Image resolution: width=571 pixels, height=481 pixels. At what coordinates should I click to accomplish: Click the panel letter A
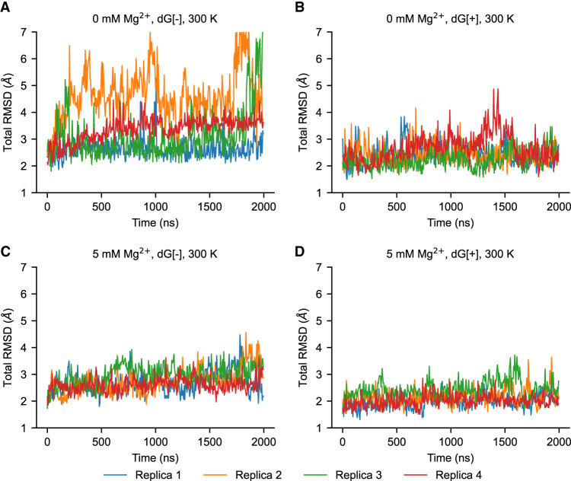pyautogui.click(x=5, y=7)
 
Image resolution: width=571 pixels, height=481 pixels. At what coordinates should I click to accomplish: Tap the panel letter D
pyautogui.click(x=299, y=252)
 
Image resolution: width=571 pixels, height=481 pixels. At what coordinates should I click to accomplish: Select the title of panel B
pyautogui.click(x=450, y=18)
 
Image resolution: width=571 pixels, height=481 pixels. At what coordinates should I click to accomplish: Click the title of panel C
pyautogui.click(x=155, y=253)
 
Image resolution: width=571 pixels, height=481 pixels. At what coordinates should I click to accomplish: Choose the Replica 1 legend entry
pyautogui.click(x=142, y=475)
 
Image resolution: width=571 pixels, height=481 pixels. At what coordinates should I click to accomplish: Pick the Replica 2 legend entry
pyautogui.click(x=243, y=475)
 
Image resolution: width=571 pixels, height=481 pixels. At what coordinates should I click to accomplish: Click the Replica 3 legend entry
pyautogui.click(x=343, y=475)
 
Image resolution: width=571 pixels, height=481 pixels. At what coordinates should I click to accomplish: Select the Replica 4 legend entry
pyautogui.click(x=443, y=475)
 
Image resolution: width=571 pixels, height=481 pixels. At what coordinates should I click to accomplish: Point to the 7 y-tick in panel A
pyautogui.click(x=24, y=32)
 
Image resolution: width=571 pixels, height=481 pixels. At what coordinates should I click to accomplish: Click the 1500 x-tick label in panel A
pyautogui.click(x=209, y=207)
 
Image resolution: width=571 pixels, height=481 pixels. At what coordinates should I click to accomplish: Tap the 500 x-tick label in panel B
pyautogui.click(x=396, y=207)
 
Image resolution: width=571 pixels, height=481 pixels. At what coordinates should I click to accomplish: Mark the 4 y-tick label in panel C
pyautogui.click(x=24, y=347)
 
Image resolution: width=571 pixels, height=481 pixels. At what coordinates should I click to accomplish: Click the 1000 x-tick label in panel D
pyautogui.click(x=451, y=442)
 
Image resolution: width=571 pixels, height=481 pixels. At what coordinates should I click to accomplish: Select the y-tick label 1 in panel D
pyautogui.click(x=319, y=428)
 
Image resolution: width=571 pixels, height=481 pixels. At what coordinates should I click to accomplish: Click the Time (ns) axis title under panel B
pyautogui.click(x=451, y=222)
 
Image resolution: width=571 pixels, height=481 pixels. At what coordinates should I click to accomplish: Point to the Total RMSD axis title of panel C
pyautogui.click(x=8, y=347)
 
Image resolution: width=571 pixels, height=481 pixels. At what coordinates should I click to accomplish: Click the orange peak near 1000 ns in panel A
pyautogui.click(x=150, y=33)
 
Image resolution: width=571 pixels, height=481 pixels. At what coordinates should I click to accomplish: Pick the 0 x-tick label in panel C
pyautogui.click(x=47, y=442)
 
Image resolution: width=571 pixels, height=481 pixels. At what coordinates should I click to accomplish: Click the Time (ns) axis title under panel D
pyautogui.click(x=451, y=457)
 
